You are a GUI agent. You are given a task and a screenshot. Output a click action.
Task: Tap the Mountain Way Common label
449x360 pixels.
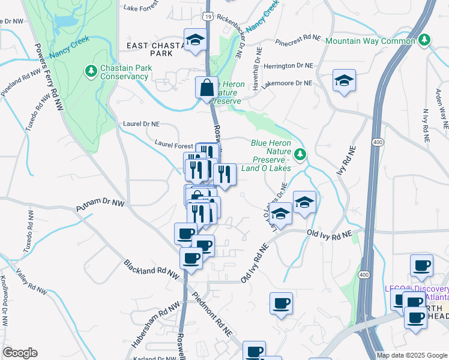[370, 41]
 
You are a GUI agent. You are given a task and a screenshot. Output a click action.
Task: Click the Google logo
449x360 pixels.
[20, 353]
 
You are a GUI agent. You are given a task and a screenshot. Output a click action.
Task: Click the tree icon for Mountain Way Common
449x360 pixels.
[425, 40]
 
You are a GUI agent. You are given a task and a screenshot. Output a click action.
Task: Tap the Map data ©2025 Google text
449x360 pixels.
[411, 355]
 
